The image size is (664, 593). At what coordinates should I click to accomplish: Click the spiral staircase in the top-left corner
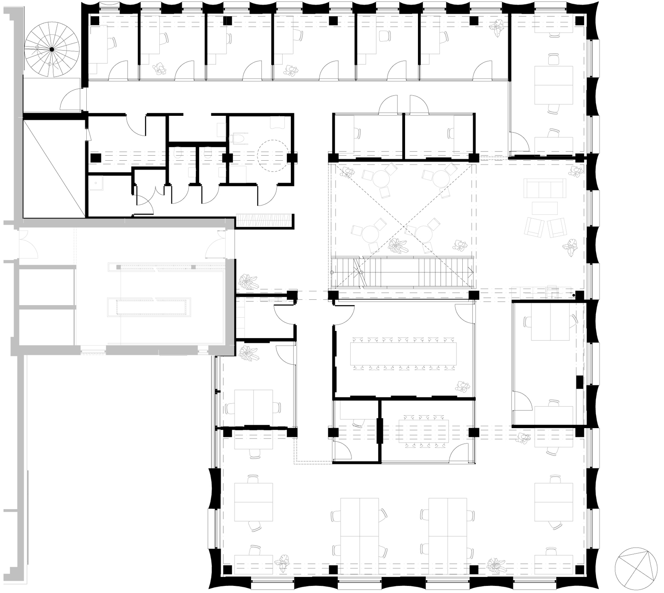51,50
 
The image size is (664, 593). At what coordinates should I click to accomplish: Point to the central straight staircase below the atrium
403,272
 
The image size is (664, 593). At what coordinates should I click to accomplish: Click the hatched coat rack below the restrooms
264,220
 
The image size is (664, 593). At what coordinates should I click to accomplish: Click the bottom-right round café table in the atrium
425,235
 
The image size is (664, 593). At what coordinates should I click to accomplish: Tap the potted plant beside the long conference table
462,387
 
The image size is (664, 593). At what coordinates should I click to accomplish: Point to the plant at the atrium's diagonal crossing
398,246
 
